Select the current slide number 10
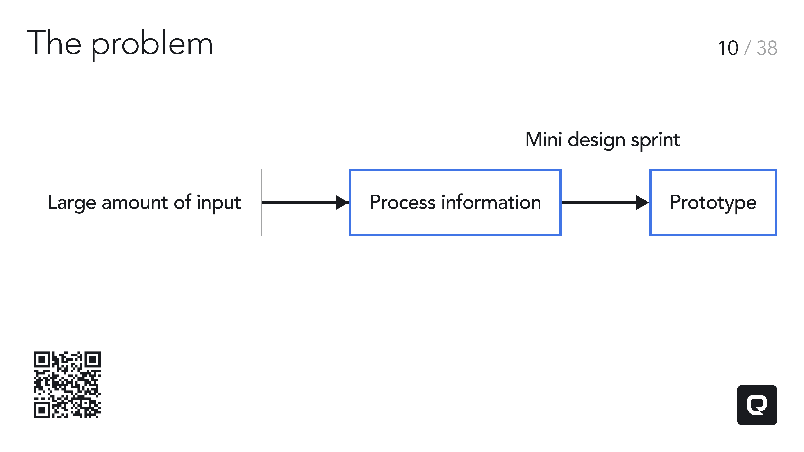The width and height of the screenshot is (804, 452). coord(728,48)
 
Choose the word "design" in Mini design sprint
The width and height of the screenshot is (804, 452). coord(597,141)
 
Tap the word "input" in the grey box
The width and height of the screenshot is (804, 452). coord(219,204)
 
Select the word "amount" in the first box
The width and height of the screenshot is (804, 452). coord(135,203)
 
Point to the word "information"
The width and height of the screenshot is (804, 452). coord(491,202)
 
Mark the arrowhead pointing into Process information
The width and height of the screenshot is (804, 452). coord(342,202)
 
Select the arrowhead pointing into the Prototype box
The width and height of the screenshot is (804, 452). coord(643,202)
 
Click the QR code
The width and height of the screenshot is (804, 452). coord(67,385)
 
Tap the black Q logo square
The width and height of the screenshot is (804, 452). coord(757,405)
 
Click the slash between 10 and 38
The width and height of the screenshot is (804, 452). coord(747,48)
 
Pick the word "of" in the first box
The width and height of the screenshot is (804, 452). coord(182,202)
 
